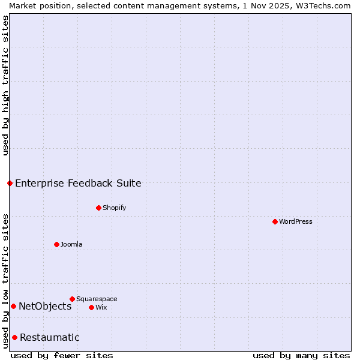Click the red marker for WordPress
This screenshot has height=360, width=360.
(x=275, y=221)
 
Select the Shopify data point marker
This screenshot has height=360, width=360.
(x=98, y=208)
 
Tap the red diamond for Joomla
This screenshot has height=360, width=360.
(x=56, y=244)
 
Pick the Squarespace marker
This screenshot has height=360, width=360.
(x=72, y=299)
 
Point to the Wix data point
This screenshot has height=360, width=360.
(x=91, y=307)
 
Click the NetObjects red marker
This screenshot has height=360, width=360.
(x=13, y=306)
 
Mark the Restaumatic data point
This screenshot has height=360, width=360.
(x=14, y=337)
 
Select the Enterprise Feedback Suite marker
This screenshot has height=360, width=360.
(x=10, y=183)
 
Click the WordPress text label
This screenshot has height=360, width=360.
(x=296, y=221)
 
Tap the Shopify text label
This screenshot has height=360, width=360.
(x=115, y=208)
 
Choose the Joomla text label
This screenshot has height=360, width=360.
(x=71, y=244)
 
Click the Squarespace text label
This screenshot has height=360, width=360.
(x=97, y=299)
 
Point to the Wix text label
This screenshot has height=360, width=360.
(x=101, y=307)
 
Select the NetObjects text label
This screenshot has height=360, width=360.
(x=45, y=306)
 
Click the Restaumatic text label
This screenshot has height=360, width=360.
(x=50, y=337)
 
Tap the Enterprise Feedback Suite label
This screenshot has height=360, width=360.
(x=79, y=183)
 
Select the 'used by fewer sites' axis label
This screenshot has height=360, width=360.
(x=62, y=355)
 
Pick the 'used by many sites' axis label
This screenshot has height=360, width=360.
(x=301, y=355)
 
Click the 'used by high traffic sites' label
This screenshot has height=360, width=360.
(x=5, y=85)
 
